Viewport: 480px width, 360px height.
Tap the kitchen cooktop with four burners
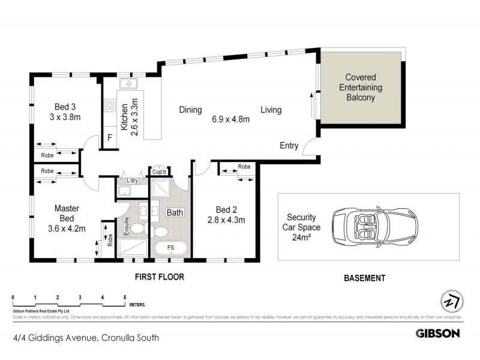click(110, 106)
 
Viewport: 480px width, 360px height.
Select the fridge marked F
click(109, 137)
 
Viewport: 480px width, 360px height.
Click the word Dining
click(190, 110)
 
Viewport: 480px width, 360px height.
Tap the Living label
click(271, 110)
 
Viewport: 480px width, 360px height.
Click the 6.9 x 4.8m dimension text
click(230, 119)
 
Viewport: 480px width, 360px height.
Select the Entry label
click(289, 146)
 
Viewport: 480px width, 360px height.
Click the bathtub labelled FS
click(170, 248)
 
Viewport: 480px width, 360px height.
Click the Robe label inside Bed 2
click(244, 166)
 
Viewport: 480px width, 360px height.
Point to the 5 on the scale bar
click(125, 298)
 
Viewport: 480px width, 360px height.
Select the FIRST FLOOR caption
click(158, 277)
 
